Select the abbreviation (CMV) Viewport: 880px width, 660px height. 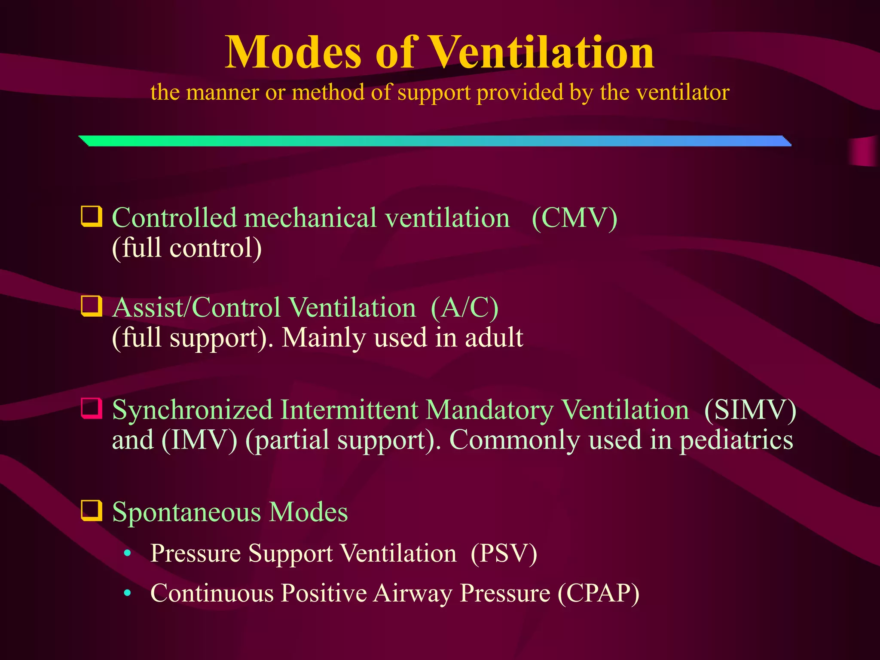click(x=574, y=218)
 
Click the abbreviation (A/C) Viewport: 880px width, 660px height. click(x=464, y=308)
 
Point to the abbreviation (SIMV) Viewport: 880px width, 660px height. click(x=750, y=410)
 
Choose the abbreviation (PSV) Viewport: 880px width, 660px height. click(x=504, y=553)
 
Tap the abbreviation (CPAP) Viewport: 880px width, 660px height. click(x=599, y=593)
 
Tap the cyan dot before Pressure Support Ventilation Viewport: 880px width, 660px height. click(x=127, y=553)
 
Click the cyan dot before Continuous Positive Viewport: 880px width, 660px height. click(x=127, y=593)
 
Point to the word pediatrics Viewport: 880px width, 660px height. click(x=736, y=440)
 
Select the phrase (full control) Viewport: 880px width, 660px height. click(x=187, y=248)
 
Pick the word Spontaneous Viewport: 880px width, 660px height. click(x=186, y=512)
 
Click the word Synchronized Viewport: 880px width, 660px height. click(x=192, y=410)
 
